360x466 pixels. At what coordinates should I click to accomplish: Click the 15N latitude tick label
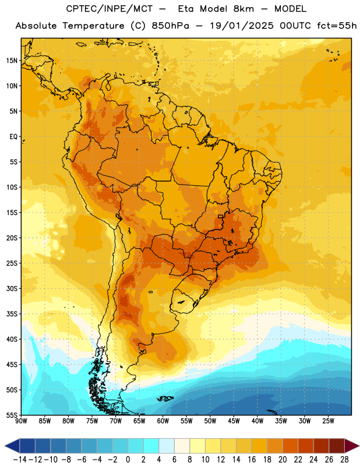tap(12, 61)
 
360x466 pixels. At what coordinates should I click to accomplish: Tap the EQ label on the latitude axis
tap(13, 137)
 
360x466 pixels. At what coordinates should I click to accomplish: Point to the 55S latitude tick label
tap(12, 415)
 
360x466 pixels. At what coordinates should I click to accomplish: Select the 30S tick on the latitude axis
tap(12, 288)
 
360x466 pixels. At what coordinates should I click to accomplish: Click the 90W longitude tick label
tap(21, 421)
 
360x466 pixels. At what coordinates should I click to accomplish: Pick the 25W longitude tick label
tap(328, 421)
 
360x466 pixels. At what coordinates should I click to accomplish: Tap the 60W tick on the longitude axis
tap(163, 421)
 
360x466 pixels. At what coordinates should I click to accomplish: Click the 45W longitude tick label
tap(234, 421)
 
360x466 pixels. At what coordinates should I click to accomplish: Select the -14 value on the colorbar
tap(20, 460)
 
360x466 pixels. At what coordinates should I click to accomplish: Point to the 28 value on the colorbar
tap(344, 460)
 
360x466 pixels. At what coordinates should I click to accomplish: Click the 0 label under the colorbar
tap(128, 460)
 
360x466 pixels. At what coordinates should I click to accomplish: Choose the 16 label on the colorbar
tap(252, 460)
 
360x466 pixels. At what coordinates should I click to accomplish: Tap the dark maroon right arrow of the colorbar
tap(351, 446)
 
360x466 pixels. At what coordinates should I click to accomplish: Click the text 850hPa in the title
tap(170, 26)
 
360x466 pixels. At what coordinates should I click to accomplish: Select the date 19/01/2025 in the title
tap(242, 26)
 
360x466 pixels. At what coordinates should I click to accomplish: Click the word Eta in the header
tap(186, 9)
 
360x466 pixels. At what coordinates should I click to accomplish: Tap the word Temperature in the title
tap(93, 26)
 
